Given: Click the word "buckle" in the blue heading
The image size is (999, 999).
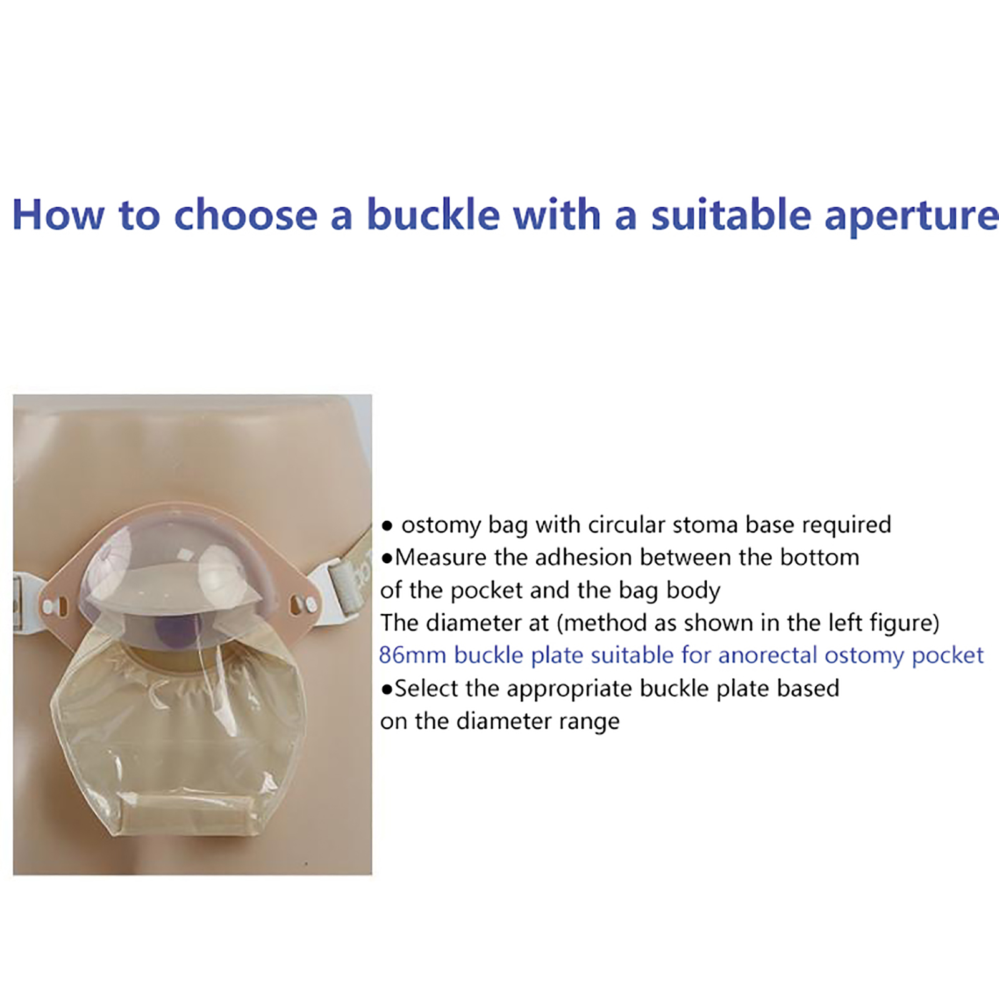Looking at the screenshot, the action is pos(433,215).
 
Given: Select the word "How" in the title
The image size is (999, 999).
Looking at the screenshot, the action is pos(58,215).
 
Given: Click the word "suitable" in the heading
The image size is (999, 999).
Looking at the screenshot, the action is pos(731,215).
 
